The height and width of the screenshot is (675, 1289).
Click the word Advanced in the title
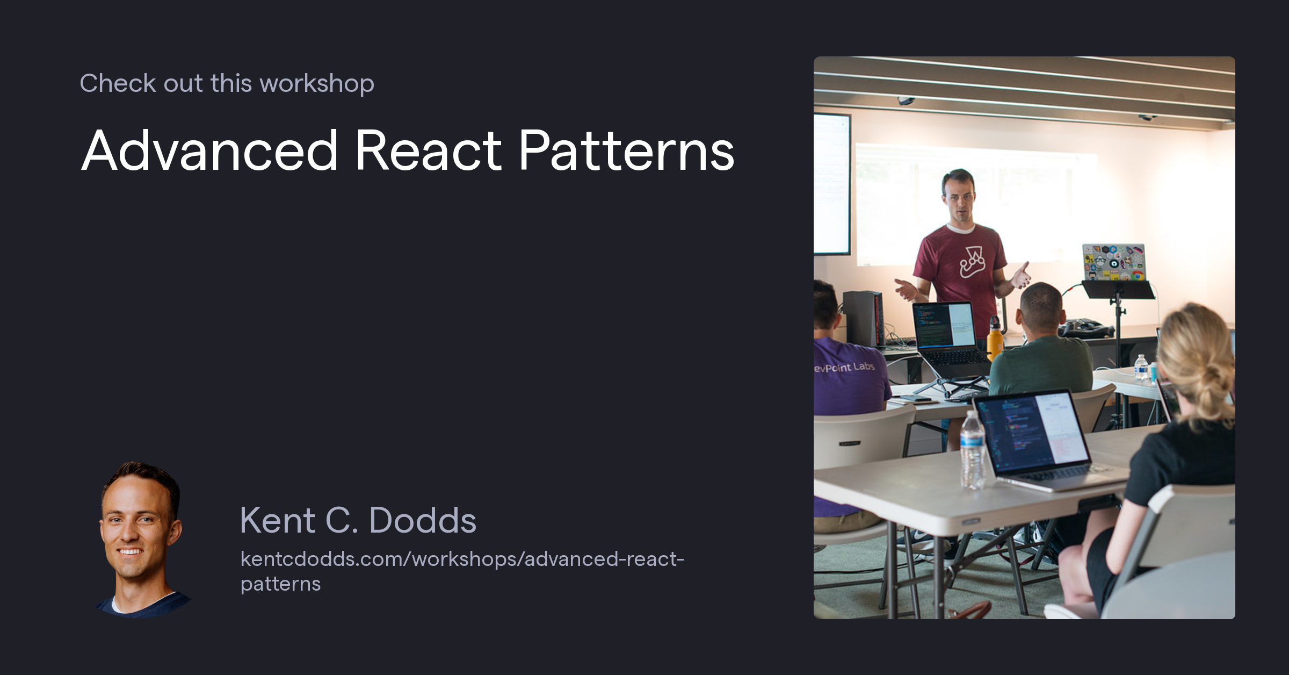coord(209,152)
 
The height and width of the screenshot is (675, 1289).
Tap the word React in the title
coord(428,152)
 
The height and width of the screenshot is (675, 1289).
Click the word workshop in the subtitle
coord(316,84)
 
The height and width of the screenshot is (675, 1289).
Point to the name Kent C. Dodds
coord(358,520)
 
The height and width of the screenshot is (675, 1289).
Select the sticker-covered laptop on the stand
coord(1114,262)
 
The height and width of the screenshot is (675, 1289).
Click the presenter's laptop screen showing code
coord(944,325)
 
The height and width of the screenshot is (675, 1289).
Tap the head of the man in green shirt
coord(1040,309)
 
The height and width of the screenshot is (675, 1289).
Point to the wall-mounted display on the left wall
coord(831,183)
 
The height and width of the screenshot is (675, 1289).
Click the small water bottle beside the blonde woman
coord(1140,368)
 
